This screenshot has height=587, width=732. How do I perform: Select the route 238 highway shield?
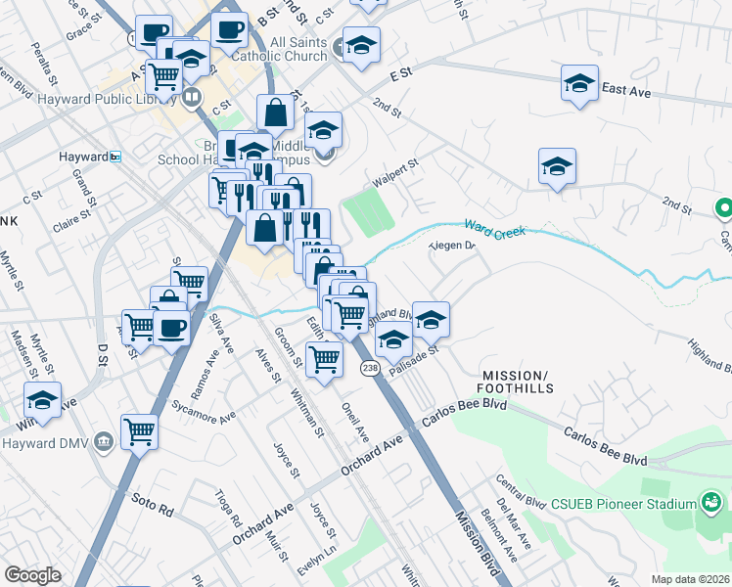point(369,368)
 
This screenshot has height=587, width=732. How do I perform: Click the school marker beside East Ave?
point(580,83)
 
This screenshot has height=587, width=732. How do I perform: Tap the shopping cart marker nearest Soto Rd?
point(140,430)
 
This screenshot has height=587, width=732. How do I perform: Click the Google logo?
point(32,575)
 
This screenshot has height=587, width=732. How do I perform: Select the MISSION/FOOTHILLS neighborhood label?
point(517,382)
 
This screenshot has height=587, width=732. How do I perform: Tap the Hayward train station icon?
point(114,157)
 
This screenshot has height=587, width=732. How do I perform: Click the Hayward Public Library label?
point(100,98)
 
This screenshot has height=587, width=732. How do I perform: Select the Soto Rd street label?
point(153,511)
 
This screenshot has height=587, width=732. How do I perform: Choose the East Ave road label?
point(628,90)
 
